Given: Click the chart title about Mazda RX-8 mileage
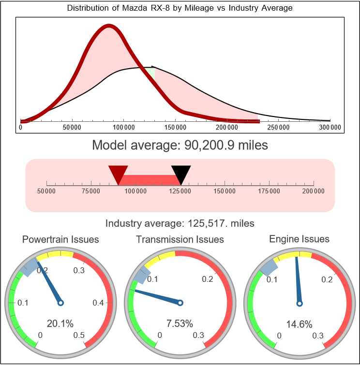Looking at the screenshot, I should [x=180, y=8].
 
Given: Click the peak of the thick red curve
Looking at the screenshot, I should [x=108, y=27].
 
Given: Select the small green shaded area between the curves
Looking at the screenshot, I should [x=151, y=73].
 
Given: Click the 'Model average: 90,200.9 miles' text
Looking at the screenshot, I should [x=180, y=145].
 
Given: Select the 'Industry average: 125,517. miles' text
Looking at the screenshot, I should [x=180, y=223].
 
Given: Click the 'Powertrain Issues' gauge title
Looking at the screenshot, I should [x=60, y=239].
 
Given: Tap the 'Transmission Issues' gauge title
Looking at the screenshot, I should [x=180, y=239].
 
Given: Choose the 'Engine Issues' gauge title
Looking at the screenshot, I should [x=299, y=239].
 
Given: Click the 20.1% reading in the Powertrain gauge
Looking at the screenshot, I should [x=60, y=323].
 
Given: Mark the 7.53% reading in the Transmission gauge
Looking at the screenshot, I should [x=180, y=323].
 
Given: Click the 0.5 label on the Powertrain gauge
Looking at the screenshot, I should [x=79, y=335].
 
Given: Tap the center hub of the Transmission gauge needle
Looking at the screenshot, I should [x=180, y=303].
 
